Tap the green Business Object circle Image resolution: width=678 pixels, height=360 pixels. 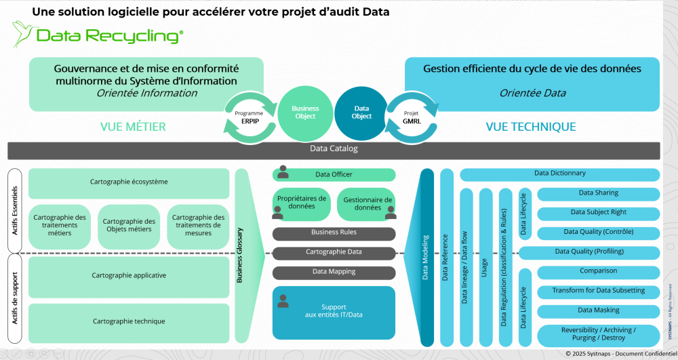pyautogui.click(x=305, y=112)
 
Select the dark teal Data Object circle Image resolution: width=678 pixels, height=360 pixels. pyautogui.click(x=362, y=112)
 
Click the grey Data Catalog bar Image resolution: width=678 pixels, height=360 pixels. pyautogui.click(x=334, y=149)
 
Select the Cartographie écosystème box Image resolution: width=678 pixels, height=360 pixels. pyautogui.click(x=129, y=182)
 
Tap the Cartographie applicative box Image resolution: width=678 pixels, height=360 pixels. pyautogui.click(x=129, y=276)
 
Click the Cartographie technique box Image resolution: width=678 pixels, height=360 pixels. pyautogui.click(x=129, y=321)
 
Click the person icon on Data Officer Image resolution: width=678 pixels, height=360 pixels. pyautogui.click(x=283, y=172)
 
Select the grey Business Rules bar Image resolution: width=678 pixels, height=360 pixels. pyautogui.click(x=334, y=233)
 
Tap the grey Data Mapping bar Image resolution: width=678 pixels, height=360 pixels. pyautogui.click(x=334, y=273)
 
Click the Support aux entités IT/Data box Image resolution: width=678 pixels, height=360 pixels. pyautogui.click(x=334, y=312)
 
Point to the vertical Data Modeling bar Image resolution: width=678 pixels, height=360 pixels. pyautogui.click(x=426, y=258)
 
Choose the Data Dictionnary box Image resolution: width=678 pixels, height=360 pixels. pyautogui.click(x=559, y=174)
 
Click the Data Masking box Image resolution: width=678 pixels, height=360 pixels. pyautogui.click(x=598, y=311)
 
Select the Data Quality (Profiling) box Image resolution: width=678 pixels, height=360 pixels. pyautogui.click(x=589, y=252)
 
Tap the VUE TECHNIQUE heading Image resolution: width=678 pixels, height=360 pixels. pyautogui.click(x=531, y=127)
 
